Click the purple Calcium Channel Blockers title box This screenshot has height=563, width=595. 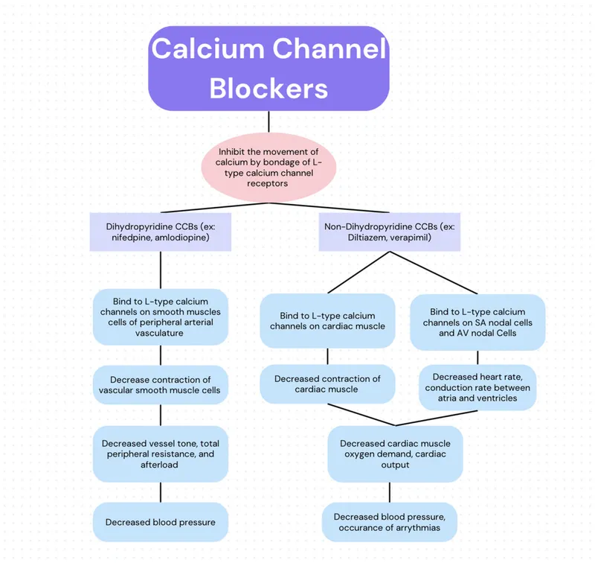pos(268,69)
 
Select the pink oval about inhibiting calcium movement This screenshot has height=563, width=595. pos(268,167)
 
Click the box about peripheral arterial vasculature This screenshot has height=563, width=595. pos(161,317)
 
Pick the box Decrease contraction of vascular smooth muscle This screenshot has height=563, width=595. pos(161,385)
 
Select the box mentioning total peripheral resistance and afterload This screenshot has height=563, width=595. pos(161,454)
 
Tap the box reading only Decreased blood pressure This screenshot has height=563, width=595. pos(161,522)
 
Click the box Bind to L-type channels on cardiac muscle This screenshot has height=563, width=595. pos(327,321)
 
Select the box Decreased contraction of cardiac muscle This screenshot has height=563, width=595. pos(327,384)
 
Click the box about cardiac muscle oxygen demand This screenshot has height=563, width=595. pos(395,454)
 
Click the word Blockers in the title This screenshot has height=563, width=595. pos(268,88)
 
